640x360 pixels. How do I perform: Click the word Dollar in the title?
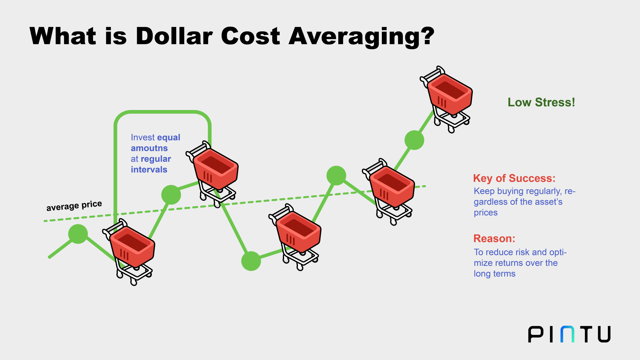(174, 36)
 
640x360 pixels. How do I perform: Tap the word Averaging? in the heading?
(362, 37)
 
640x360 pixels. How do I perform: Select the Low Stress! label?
(541, 102)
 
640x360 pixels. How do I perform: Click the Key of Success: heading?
(514, 178)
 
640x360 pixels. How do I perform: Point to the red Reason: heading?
(494, 238)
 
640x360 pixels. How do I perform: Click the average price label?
(74, 206)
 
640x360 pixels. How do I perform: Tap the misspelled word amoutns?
(149, 148)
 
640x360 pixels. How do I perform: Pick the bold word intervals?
(149, 169)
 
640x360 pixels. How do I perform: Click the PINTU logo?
(569, 334)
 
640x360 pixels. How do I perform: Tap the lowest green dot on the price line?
(251, 261)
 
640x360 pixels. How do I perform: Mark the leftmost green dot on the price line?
(78, 234)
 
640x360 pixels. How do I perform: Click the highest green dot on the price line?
(414, 140)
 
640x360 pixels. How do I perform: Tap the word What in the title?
(62, 36)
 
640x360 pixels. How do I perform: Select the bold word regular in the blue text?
(156, 159)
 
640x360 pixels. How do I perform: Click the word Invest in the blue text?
(142, 137)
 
